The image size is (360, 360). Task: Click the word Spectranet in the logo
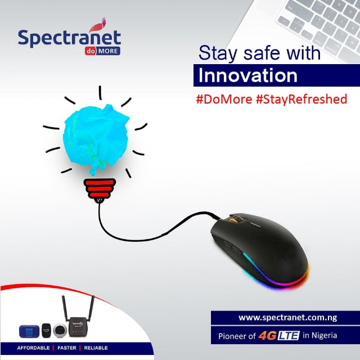tap(69, 38)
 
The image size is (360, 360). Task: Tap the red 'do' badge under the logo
tap(90, 51)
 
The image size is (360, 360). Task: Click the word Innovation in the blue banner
tap(247, 75)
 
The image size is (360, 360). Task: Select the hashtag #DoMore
tap(224, 100)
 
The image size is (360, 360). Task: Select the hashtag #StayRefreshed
tap(301, 100)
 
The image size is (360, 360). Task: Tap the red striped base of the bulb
tap(100, 188)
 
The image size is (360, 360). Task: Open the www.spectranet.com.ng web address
tap(287, 317)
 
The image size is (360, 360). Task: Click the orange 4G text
tap(268, 336)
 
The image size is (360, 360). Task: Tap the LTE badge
tap(289, 336)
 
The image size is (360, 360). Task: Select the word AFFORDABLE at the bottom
tap(33, 348)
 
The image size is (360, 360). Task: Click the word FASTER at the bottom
tap(67, 348)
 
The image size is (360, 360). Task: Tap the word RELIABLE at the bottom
tap(96, 348)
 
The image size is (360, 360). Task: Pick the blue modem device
tap(29, 331)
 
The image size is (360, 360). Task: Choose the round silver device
tap(60, 331)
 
